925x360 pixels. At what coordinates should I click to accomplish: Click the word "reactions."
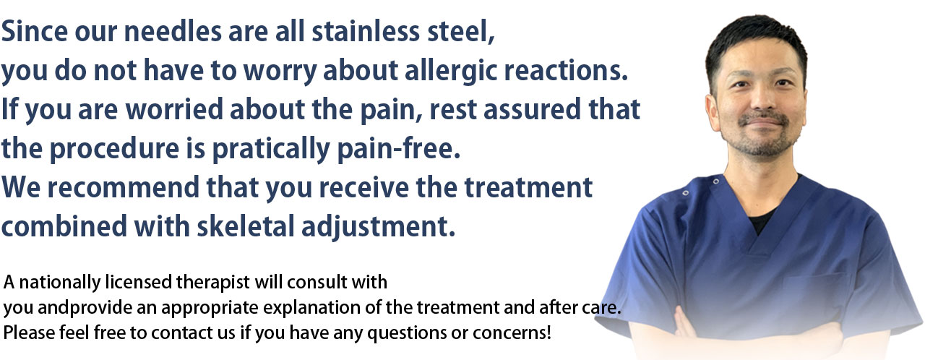tap(566, 70)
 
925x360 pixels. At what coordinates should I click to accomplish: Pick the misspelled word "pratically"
tap(271, 149)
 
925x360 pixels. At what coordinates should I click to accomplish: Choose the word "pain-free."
tap(398, 149)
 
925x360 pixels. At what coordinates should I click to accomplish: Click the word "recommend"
tap(123, 187)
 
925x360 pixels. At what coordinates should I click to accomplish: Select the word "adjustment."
tap(378, 227)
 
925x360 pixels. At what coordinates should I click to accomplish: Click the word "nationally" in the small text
tap(60, 283)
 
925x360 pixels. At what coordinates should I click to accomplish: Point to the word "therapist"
tap(213, 283)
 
